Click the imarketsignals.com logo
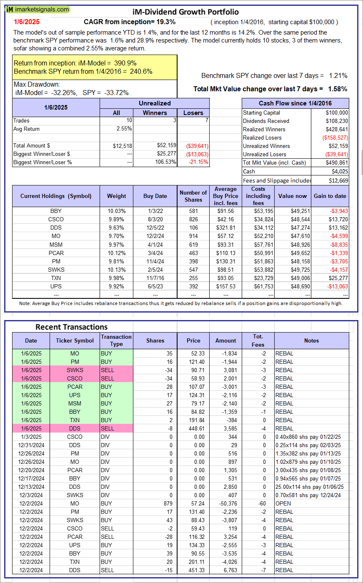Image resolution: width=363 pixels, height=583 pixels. point(38,9)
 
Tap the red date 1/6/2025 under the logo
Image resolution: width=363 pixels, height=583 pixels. point(27,22)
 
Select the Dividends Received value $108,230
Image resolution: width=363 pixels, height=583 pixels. point(337,121)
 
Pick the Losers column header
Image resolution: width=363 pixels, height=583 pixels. point(193,113)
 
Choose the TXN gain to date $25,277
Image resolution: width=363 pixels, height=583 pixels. point(338,278)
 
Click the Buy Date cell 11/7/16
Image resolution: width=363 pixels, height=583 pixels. point(155,278)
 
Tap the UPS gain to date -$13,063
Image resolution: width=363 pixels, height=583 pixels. point(338,286)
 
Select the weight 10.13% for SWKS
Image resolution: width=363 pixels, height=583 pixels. point(117,270)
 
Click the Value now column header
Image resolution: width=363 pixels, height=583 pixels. point(293,196)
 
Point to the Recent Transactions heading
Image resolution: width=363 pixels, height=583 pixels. point(72,327)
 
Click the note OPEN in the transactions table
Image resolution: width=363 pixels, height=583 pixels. point(283,503)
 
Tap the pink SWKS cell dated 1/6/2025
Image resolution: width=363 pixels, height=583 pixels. point(75,370)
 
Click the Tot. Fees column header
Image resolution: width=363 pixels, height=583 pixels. point(258,340)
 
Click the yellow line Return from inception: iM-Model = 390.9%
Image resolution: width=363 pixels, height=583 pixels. point(75,63)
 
